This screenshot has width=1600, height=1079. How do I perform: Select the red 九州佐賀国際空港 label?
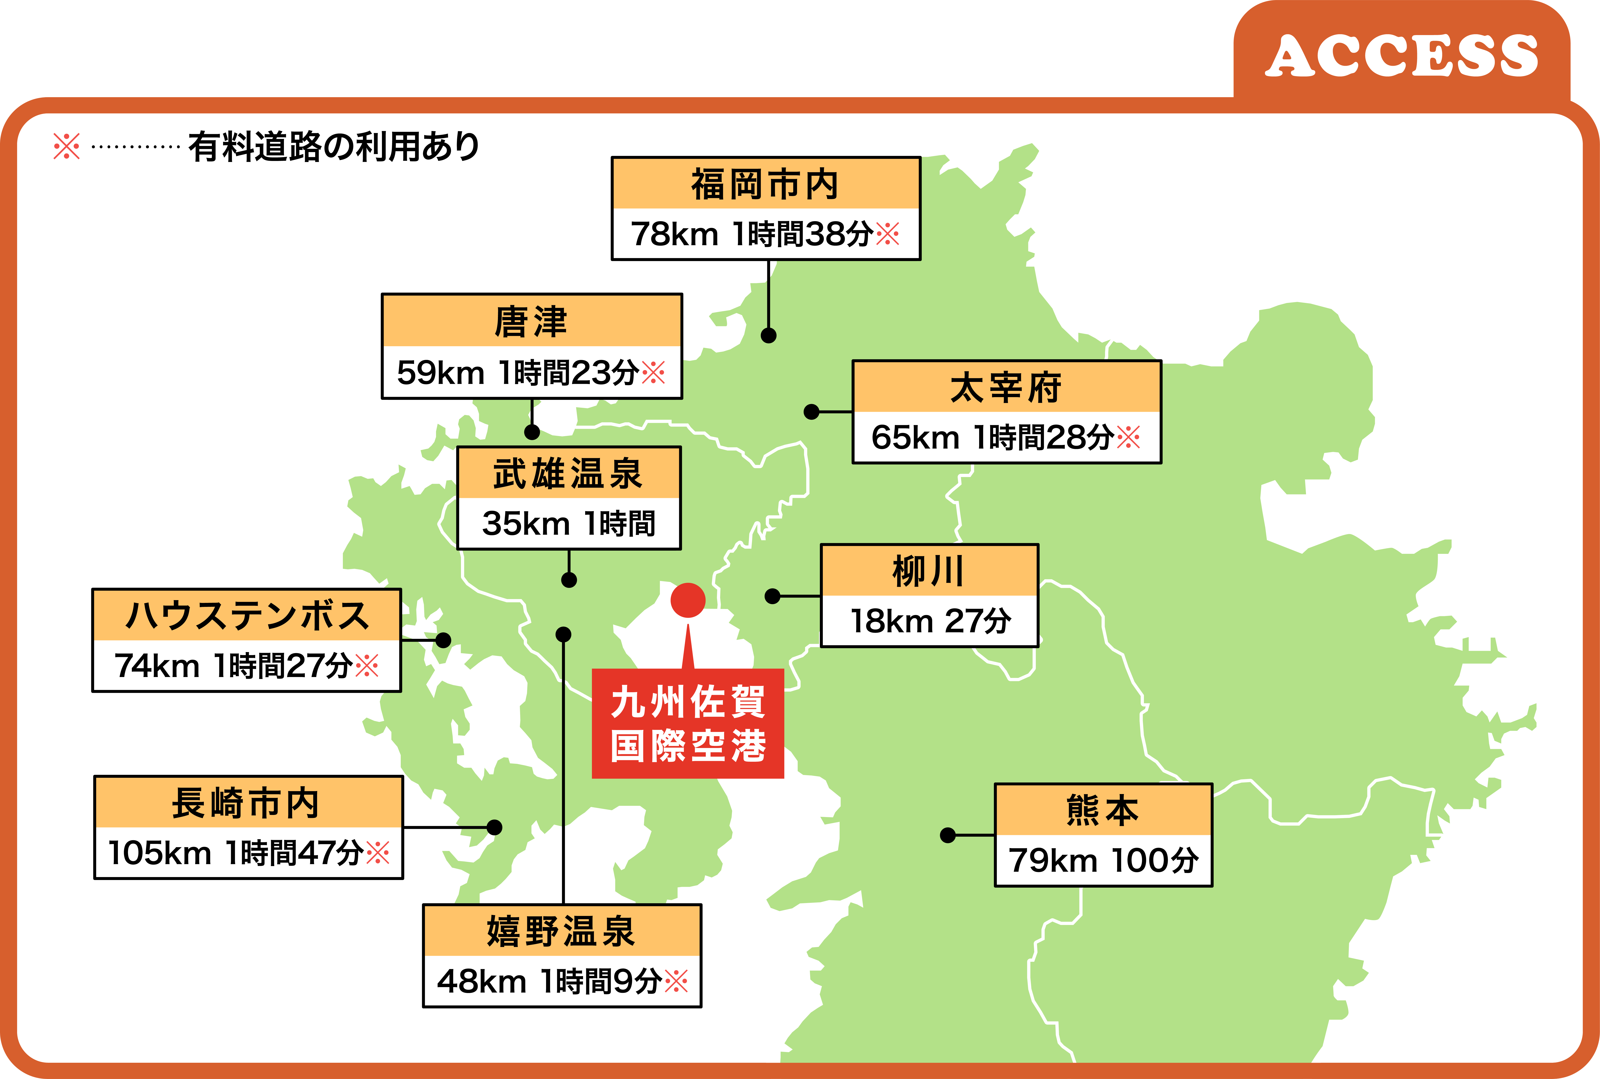687,723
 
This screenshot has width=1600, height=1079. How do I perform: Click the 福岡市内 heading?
765,184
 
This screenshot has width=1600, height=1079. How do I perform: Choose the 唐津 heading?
531,321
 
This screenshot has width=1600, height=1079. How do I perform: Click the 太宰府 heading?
1006,387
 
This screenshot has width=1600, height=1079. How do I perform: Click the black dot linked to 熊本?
948,835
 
